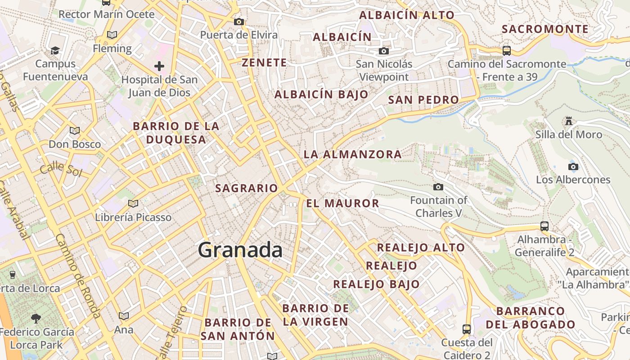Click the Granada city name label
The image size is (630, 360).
(240, 250)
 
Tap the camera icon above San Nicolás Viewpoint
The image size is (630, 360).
(384, 51)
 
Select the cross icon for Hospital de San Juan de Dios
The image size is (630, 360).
(159, 67)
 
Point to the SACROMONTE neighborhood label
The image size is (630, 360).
(545, 29)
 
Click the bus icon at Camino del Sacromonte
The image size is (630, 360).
(507, 50)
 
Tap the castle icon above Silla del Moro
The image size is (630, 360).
(569, 121)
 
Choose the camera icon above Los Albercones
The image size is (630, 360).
(573, 166)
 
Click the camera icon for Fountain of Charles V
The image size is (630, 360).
(438, 187)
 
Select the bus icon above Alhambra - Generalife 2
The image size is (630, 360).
(544, 226)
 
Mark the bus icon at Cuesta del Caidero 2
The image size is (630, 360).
(467, 329)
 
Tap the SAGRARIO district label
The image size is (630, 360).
(247, 188)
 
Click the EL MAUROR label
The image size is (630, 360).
(342, 203)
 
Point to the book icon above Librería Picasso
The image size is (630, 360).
(133, 203)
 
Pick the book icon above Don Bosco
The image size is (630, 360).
(75, 130)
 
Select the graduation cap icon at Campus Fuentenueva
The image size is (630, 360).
(55, 50)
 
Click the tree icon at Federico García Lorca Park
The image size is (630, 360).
(36, 319)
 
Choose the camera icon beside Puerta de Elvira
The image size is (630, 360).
(239, 22)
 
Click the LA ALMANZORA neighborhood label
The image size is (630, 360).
(352, 154)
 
